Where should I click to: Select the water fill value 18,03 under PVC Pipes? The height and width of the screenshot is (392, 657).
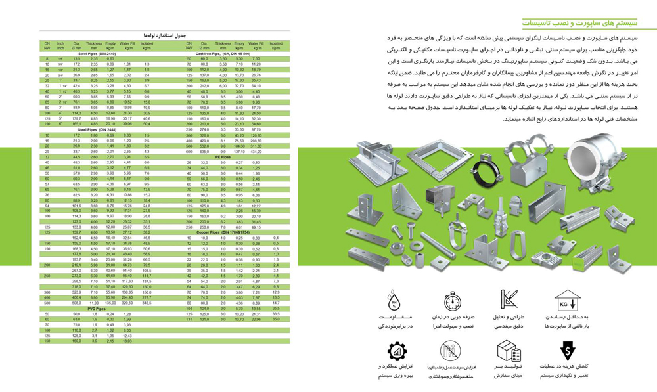pyautogui.click(x=127, y=341)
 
